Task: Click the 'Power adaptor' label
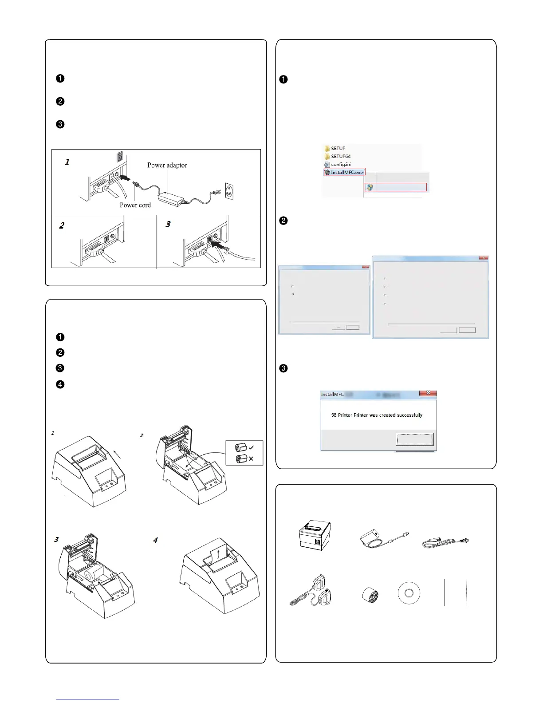point(167,165)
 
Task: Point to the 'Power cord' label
point(135,205)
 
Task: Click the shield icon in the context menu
point(370,187)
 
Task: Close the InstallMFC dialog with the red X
point(428,393)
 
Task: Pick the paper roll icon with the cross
point(241,458)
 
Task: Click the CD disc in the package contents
point(409,593)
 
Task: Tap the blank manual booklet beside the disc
point(456,592)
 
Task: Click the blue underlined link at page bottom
point(88,699)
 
